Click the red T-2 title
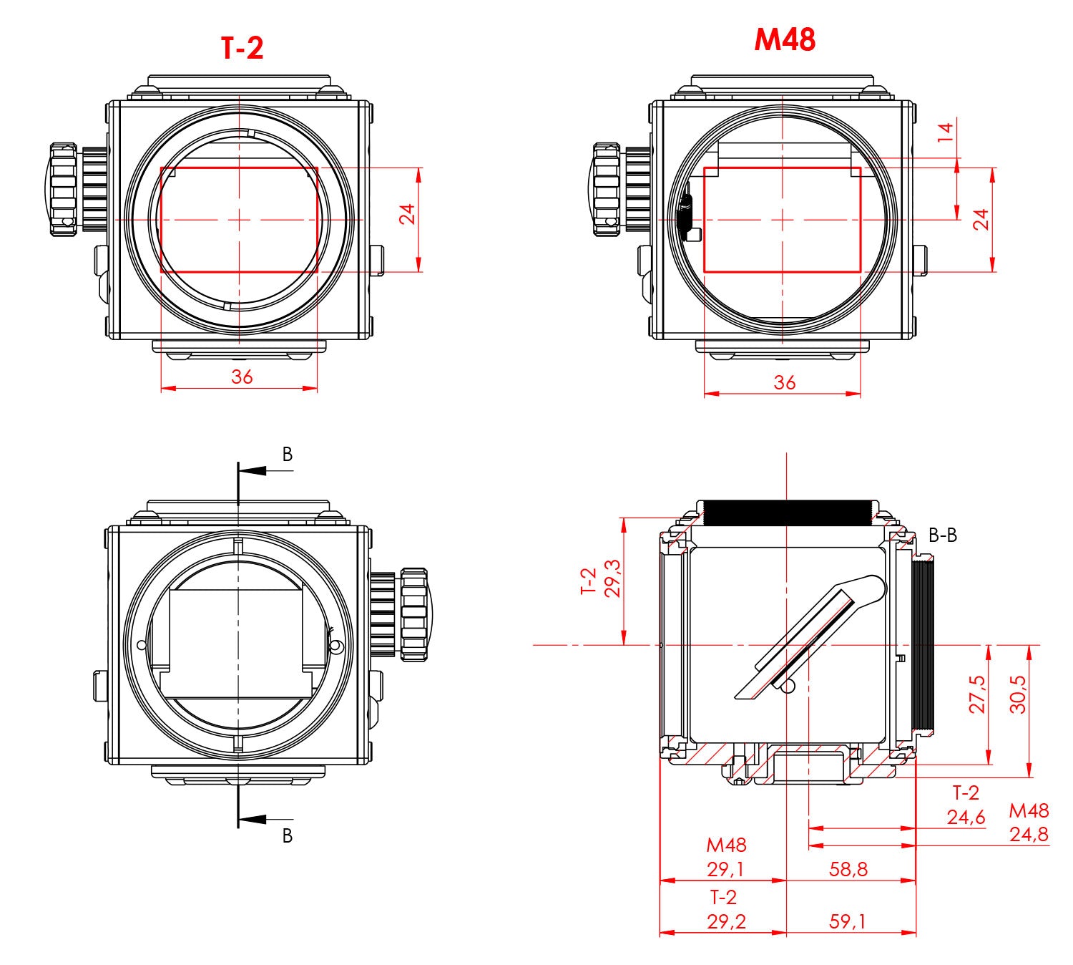(242, 48)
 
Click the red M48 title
(785, 39)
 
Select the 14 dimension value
(945, 132)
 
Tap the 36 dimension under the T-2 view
(242, 377)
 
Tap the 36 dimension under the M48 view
(784, 382)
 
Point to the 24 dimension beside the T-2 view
(407, 214)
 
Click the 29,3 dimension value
(612, 578)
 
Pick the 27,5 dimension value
(976, 694)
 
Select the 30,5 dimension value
(1017, 694)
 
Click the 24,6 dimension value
(966, 818)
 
